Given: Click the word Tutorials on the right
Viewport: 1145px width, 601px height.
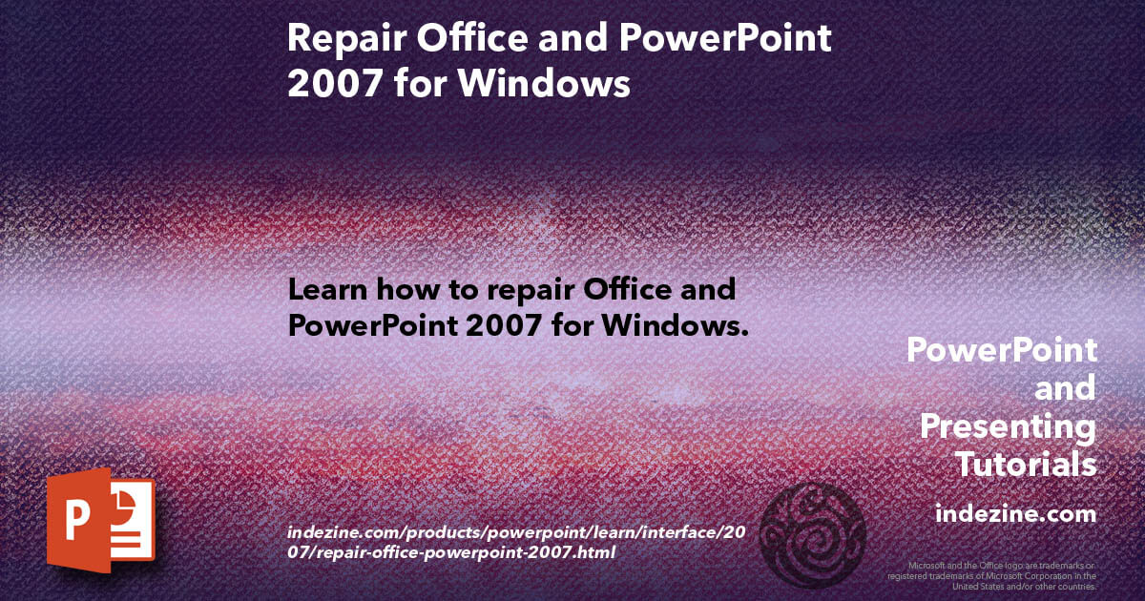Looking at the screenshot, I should coord(1026,465).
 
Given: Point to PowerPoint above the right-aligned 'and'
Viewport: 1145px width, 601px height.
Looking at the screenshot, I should coord(1001,350).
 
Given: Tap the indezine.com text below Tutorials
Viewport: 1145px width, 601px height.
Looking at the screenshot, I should coord(1015,514).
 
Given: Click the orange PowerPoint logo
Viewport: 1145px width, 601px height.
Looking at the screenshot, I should coord(99,520).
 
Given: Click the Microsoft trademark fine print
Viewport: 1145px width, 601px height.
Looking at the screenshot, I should coord(991,575).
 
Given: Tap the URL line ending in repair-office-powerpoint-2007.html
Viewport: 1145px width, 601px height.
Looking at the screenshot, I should coord(451,552).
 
